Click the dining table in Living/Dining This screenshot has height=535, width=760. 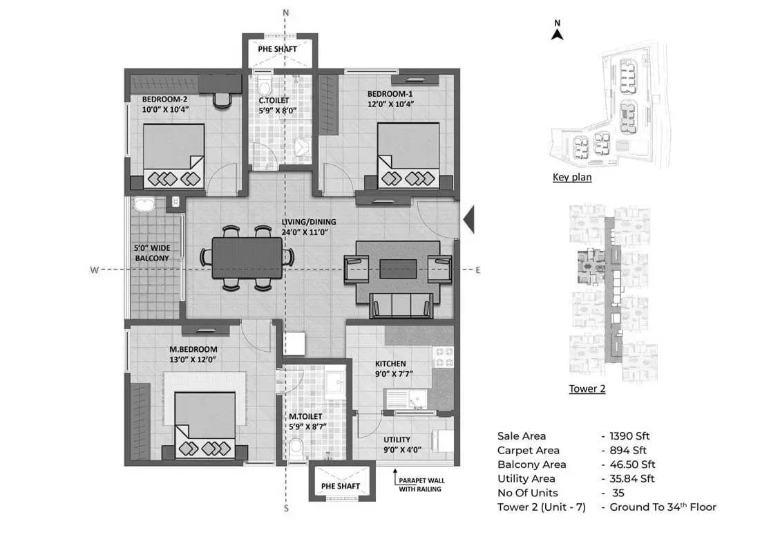point(247,257)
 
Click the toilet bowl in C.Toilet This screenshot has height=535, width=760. point(264,88)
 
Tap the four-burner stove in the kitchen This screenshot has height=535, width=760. point(442,357)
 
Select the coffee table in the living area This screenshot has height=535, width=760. point(398,268)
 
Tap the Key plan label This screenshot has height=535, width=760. point(571,178)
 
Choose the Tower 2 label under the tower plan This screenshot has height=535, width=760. point(587,389)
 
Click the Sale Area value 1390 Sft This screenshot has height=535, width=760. point(629,436)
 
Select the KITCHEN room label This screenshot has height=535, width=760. point(390,364)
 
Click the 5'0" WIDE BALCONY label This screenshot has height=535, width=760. point(151,253)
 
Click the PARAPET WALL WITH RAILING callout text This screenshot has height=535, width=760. point(419,485)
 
